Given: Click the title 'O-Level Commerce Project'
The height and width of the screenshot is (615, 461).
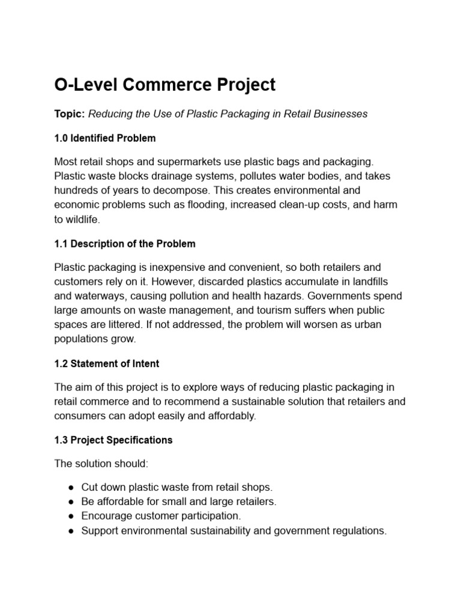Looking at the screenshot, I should point(164,85).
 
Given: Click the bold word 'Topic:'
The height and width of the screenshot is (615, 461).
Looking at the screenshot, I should point(70,114).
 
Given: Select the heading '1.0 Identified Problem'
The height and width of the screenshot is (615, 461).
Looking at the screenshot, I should point(104,138).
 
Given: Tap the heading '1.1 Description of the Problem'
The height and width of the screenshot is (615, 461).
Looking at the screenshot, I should point(124,244).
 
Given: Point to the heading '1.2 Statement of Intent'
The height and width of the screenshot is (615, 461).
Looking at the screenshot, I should point(106,363).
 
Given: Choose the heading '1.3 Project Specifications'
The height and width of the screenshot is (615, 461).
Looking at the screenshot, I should point(113,440).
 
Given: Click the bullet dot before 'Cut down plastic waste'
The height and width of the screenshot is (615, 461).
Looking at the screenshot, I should point(71,488).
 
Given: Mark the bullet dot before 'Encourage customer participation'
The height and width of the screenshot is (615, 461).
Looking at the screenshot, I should point(71,516).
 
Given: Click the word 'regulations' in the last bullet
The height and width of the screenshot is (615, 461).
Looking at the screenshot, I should point(359,530).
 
